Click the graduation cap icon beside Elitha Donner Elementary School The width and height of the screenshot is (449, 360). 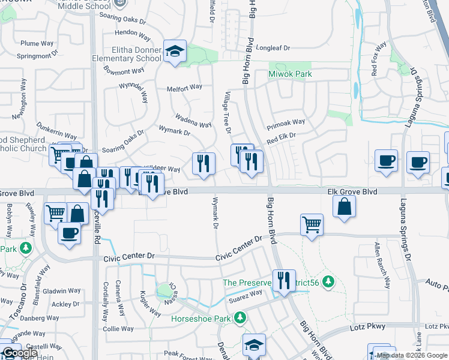(175, 51)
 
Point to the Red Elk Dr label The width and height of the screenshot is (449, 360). (282, 137)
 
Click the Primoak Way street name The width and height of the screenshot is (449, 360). (286, 122)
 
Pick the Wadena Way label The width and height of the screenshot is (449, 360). (193, 120)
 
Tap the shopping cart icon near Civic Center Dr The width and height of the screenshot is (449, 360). (312, 225)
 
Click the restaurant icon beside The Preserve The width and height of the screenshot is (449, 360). (284, 281)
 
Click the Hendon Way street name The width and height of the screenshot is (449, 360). (126, 32)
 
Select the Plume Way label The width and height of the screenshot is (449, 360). (37, 43)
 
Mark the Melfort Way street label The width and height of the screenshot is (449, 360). (184, 87)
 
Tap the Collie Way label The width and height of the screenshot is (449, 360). (118, 329)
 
